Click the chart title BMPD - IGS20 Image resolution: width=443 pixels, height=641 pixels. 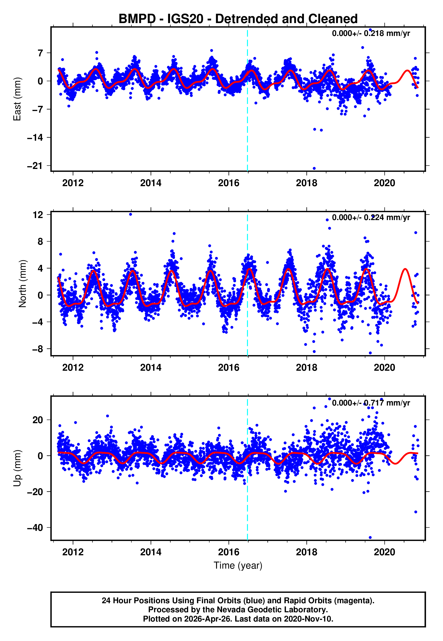[x=238, y=19]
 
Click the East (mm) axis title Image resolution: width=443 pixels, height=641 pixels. [x=17, y=99]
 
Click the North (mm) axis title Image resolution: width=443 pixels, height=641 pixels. [x=22, y=284]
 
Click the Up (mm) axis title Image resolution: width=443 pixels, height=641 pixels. [x=17, y=468]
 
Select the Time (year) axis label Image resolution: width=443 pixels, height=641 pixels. [x=238, y=565]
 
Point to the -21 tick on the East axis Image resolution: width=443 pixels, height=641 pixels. [x=35, y=166]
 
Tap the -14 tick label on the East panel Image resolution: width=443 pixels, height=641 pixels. [x=35, y=138]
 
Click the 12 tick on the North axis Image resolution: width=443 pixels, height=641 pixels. [x=38, y=215]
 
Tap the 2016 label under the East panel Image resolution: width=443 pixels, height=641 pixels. [x=228, y=183]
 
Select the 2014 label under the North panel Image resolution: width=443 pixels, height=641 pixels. [x=151, y=368]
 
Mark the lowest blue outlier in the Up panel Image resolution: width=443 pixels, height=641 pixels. [x=370, y=538]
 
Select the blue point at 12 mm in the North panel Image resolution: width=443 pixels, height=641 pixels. [x=131, y=214]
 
